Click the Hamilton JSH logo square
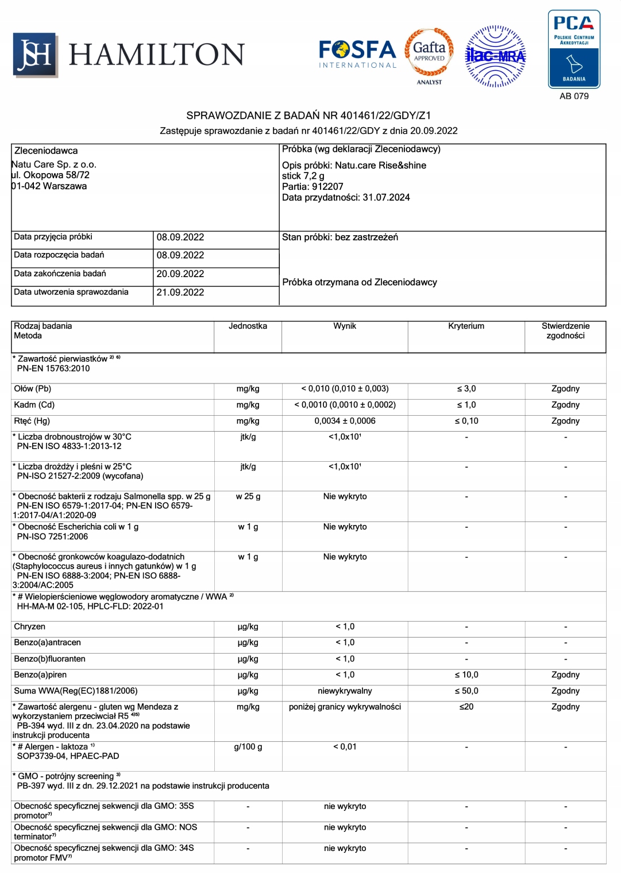(35, 55)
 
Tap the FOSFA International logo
(357, 54)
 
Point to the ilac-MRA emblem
(495, 56)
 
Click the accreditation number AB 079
(574, 96)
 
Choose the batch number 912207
(327, 186)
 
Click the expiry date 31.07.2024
(386, 197)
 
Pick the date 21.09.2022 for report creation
(180, 292)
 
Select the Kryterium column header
(466, 326)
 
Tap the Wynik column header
(345, 326)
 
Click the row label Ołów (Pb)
(33, 389)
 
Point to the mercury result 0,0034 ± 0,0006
(345, 421)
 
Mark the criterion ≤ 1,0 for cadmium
(466, 405)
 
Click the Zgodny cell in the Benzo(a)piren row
(565, 674)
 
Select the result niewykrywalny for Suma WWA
(345, 691)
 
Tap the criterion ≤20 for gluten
(466, 707)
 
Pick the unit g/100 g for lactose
(248, 746)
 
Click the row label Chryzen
(30, 627)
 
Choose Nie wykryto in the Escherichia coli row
(345, 527)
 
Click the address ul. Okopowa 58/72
(51, 175)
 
